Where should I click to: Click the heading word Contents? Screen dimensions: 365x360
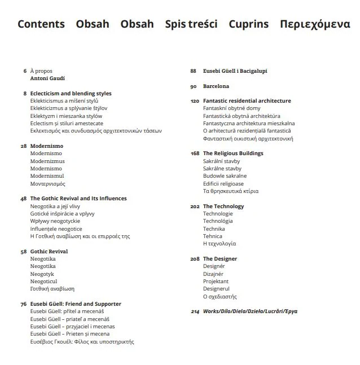coord(41,24)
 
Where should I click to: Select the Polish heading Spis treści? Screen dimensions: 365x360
coord(191,24)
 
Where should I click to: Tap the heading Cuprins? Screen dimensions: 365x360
coord(246,24)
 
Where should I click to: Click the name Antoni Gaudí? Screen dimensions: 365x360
coord(51,78)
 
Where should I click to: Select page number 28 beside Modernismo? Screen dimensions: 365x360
coord(23,146)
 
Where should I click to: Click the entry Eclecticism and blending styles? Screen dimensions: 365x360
coord(71,93)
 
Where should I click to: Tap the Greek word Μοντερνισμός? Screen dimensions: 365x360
coord(48,183)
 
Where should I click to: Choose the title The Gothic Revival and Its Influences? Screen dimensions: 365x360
coord(78,199)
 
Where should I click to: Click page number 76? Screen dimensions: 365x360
coord(23,304)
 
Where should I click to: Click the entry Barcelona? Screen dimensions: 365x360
coord(216,86)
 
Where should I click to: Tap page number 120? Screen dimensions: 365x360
coord(195,101)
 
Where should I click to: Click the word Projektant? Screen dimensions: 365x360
coord(216,282)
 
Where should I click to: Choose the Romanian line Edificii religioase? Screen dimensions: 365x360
coord(223,183)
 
